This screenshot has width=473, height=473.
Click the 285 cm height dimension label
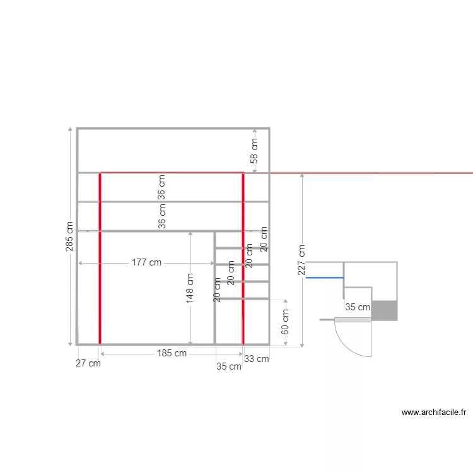pos(70,236)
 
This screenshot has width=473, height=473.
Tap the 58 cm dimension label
pos(254,151)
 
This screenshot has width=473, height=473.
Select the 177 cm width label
pos(146,262)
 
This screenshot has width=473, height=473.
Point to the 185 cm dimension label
pos(172,354)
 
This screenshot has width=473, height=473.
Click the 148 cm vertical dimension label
pos(190,288)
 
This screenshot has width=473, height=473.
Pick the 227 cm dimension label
pos(302,260)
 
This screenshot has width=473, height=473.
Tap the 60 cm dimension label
pos(285,322)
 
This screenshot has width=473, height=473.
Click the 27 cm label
pos(88,363)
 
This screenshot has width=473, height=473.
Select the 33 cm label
pos(257,359)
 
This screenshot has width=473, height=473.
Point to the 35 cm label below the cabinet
pos(229,366)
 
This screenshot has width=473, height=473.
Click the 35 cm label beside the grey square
pos(358,307)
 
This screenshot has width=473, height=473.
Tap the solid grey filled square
pos(385,310)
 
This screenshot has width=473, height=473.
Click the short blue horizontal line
pos(324,277)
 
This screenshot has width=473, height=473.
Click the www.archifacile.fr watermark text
pos(433,412)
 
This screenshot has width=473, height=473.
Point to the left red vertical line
pos(100,259)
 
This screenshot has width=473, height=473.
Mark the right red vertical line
pos(243,259)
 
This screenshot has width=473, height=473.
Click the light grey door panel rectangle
pos(352,320)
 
